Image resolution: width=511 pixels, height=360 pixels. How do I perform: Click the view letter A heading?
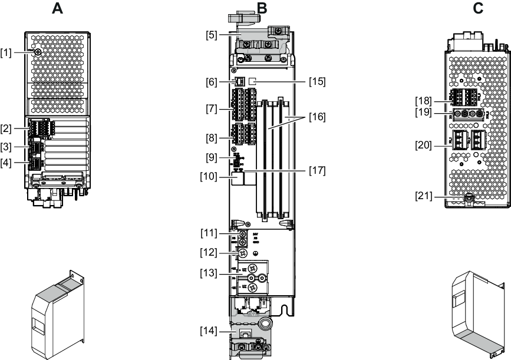(x=57, y=8)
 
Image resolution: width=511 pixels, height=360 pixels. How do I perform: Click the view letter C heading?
(x=478, y=8)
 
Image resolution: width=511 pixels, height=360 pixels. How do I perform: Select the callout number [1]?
(x=6, y=54)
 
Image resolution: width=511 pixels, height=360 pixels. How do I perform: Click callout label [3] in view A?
(x=6, y=146)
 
